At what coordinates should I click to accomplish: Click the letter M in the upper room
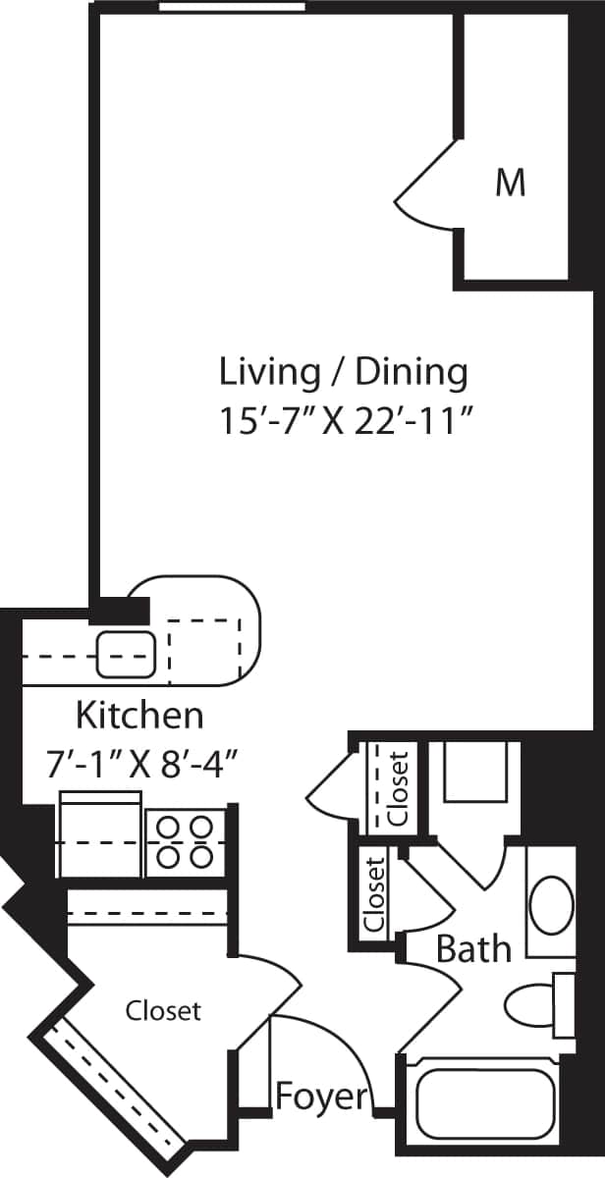tap(510, 183)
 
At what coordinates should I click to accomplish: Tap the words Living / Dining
tap(343, 372)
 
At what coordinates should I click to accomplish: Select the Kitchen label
tap(140, 715)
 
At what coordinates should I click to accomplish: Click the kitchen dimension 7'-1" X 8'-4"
tap(143, 762)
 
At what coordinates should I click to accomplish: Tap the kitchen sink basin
tap(127, 654)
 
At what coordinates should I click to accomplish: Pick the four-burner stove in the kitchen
tap(185, 842)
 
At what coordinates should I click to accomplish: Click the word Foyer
tap(321, 1097)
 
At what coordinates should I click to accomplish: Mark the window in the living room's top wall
tap(232, 8)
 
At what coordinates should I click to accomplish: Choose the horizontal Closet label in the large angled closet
tap(163, 1010)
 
